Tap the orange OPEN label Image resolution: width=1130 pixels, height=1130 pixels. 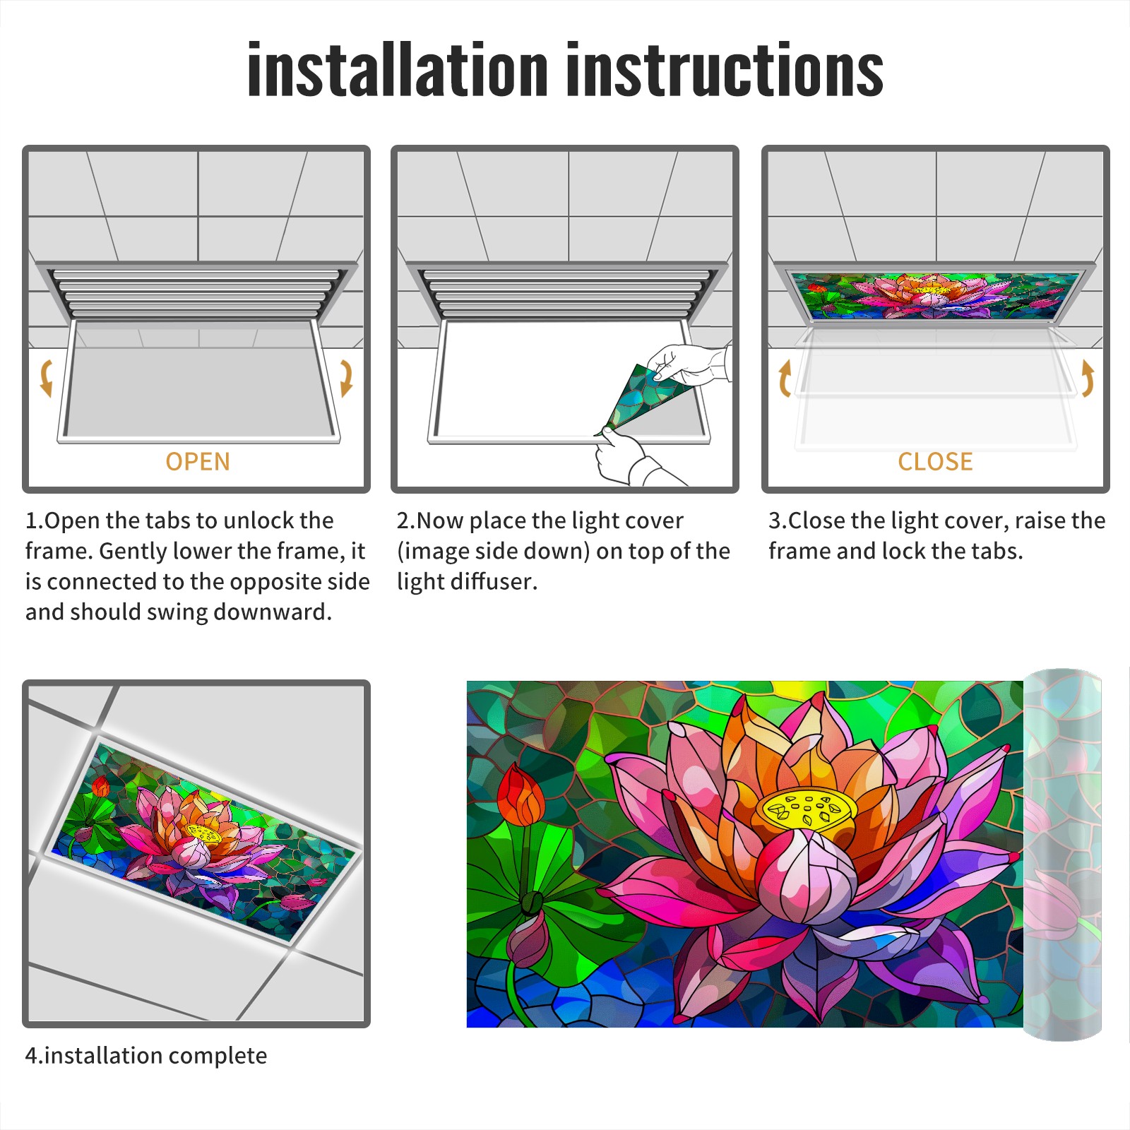click(198, 461)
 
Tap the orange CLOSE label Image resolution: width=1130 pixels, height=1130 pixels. click(935, 461)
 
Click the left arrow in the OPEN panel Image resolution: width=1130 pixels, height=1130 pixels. click(46, 378)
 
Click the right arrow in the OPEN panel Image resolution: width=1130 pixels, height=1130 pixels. click(346, 378)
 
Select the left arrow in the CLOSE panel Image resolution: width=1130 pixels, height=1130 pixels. click(784, 378)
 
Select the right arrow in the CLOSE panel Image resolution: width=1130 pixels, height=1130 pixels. click(1088, 378)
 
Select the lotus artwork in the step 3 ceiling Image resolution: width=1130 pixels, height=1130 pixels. click(936, 295)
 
